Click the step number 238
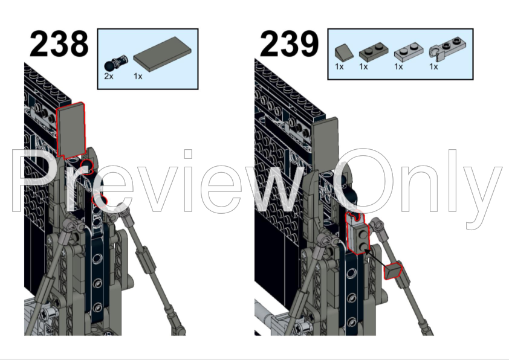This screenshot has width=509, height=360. click(x=59, y=43)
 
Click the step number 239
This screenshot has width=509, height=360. click(x=289, y=43)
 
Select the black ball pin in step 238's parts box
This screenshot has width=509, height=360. click(x=116, y=63)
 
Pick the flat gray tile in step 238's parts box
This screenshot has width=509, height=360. click(x=162, y=54)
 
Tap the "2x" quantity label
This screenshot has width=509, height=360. click(x=109, y=76)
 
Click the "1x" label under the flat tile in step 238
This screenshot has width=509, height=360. click(x=138, y=76)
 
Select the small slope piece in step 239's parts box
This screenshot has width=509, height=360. click(x=343, y=52)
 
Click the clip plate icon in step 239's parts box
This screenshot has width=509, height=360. click(x=447, y=49)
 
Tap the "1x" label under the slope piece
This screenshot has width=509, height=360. click(x=339, y=67)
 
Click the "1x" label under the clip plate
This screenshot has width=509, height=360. click(x=433, y=67)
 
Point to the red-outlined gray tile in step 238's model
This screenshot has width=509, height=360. click(x=71, y=130)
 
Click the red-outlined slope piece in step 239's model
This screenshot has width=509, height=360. click(x=393, y=271)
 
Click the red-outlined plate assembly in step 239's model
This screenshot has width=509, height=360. click(x=357, y=233)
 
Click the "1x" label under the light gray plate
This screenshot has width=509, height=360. click(x=398, y=67)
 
